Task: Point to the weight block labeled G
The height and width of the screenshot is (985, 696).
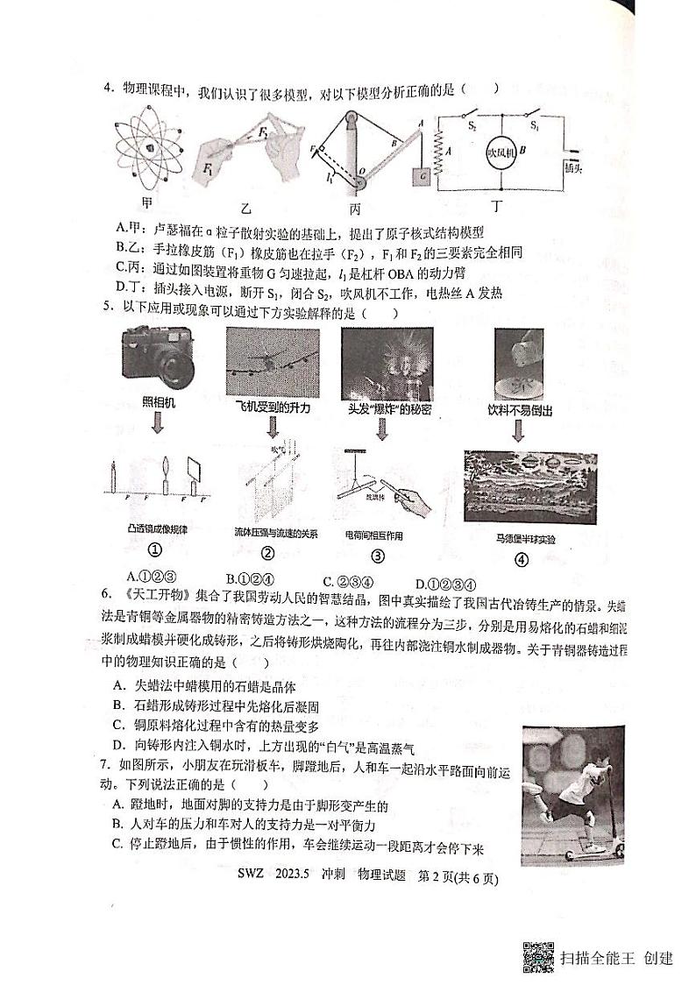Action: pos(423,175)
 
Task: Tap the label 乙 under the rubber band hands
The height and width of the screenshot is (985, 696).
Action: pos(246,208)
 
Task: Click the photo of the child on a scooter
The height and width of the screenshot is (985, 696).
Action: pos(572,792)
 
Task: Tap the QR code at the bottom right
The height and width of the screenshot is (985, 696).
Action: pos(538,956)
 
